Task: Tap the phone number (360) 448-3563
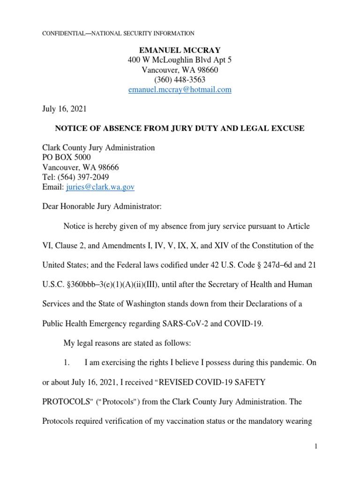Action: (180, 80)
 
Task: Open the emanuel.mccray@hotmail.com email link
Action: (180, 90)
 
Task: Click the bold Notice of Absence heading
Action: (180, 128)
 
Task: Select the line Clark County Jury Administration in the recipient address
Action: (98, 148)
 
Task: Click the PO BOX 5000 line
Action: (67, 157)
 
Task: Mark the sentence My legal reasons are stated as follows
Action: (127, 343)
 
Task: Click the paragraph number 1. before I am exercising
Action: (67, 363)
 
